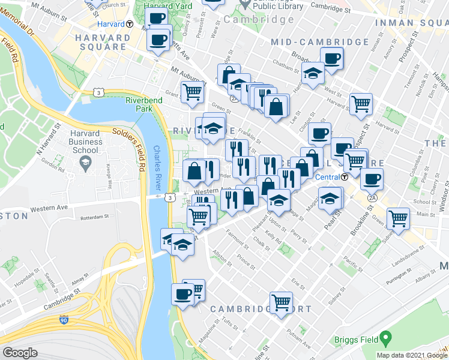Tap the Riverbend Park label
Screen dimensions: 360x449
click(x=139, y=105)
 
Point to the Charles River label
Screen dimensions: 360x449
click(x=157, y=168)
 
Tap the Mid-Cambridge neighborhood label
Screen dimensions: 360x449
click(x=319, y=42)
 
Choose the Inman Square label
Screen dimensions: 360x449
click(x=411, y=23)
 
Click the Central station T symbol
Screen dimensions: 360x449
click(x=345, y=177)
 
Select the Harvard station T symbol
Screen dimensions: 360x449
click(x=130, y=25)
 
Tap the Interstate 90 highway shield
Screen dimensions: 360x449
click(x=64, y=321)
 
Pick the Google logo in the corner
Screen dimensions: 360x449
click(x=20, y=353)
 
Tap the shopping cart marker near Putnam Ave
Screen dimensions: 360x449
click(x=281, y=302)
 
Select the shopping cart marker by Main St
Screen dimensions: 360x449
click(x=398, y=218)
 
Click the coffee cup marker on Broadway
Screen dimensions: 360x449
click(x=331, y=59)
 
